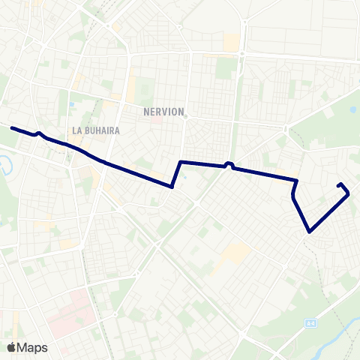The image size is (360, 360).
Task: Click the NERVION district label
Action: [163, 112]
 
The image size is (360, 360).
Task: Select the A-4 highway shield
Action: [310, 323]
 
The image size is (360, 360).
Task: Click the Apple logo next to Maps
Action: [11, 347]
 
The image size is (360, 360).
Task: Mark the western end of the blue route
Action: [12, 128]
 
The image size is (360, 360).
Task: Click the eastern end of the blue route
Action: [339, 184]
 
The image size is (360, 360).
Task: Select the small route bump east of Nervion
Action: [229, 164]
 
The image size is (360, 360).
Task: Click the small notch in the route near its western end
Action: [39, 134]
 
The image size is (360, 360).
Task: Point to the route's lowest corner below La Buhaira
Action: [172, 187]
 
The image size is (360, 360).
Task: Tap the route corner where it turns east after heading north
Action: [181, 162]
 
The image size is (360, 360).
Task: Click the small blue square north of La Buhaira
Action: [71, 104]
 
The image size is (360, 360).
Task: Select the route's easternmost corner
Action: [349, 194]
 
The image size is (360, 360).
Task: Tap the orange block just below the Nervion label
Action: [154, 120]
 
